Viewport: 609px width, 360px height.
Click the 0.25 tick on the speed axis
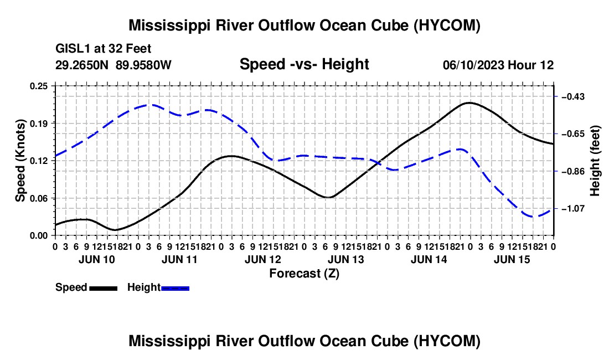click(x=39, y=86)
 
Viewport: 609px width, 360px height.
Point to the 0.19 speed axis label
click(x=39, y=124)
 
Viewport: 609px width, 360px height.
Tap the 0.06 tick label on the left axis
click(x=39, y=198)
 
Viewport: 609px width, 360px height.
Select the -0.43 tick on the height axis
click(x=573, y=96)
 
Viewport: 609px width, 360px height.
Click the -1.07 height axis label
click(x=573, y=209)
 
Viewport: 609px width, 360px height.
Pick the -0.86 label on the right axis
click(x=573, y=171)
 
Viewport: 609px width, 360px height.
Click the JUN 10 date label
click(x=97, y=259)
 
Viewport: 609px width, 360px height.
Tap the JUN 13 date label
click(x=345, y=259)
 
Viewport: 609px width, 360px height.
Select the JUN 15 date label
click(x=512, y=259)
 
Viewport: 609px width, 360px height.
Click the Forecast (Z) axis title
click(x=304, y=274)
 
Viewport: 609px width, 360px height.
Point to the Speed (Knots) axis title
click(x=20, y=161)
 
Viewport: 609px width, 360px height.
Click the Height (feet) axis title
click(x=595, y=161)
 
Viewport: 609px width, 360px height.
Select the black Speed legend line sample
click(x=104, y=288)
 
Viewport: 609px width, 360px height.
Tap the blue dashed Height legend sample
click(x=175, y=288)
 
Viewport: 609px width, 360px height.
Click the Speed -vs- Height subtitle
click(x=304, y=64)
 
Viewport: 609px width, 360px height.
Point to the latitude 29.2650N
click(x=82, y=65)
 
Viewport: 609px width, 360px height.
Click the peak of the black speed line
click(x=469, y=103)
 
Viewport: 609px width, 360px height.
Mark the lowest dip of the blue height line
click(x=533, y=217)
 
